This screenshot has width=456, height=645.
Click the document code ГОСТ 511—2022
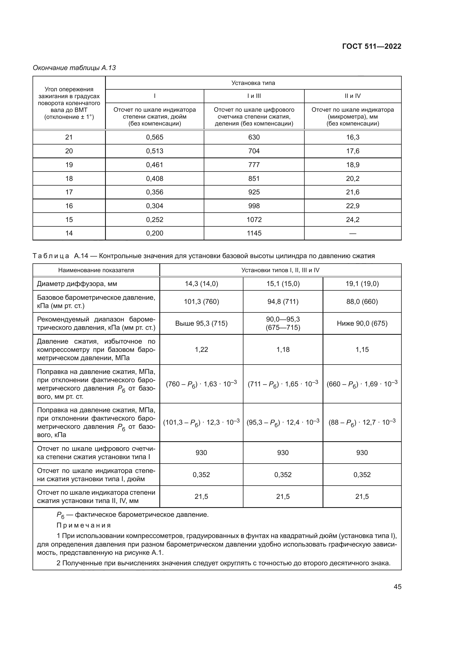click(371, 46)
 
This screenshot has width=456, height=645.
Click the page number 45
click(397, 587)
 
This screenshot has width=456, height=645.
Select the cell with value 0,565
click(154, 137)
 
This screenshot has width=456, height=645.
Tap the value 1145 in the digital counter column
click(254, 233)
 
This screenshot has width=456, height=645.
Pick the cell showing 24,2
click(352, 220)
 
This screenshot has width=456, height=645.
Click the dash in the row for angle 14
click(352, 233)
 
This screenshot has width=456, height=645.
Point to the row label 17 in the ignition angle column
click(69, 192)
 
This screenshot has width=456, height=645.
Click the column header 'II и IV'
click(352, 96)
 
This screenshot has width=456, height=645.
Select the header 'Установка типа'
click(253, 83)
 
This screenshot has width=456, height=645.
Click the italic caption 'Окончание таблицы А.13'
click(74, 68)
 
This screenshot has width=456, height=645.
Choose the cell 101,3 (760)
click(201, 301)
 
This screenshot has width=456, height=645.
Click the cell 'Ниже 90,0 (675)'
click(362, 323)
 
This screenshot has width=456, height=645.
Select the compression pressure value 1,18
click(283, 349)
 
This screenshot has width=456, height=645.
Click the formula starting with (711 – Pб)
click(283, 384)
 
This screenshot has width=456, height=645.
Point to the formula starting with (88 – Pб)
click(362, 422)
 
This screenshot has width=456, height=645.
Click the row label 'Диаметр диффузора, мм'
click(77, 284)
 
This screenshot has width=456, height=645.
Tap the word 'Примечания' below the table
click(84, 525)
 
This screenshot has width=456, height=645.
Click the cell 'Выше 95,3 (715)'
click(201, 323)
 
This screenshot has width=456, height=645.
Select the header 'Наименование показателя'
click(96, 270)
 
